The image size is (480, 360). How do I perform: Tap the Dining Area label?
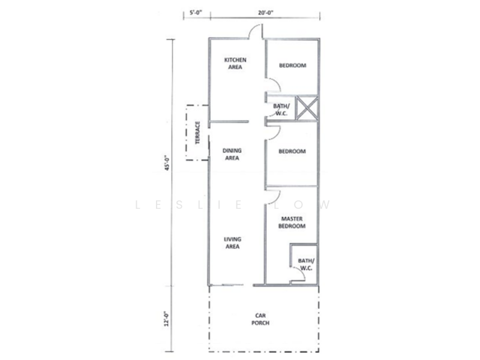tap(231, 155)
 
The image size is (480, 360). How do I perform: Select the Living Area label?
tap(232, 242)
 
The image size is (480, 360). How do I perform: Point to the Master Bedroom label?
tap(292, 223)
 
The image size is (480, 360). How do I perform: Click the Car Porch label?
tap(260, 319)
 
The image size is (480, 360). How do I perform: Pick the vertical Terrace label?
tap(197, 133)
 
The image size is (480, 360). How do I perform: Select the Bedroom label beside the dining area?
tap(292, 152)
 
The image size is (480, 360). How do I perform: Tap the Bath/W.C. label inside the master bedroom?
tap(305, 265)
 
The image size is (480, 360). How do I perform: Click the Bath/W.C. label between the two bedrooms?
tap(281, 109)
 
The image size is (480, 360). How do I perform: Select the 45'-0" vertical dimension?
tap(170, 164)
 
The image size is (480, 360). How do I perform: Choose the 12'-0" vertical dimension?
tap(170, 317)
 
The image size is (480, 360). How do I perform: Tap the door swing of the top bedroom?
tap(271, 86)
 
